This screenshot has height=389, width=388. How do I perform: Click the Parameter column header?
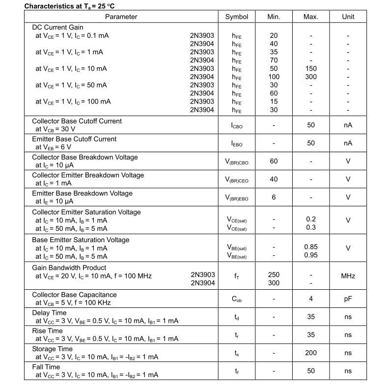121,17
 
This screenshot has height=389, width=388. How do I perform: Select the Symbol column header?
237,17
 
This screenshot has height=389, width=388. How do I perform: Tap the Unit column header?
348,17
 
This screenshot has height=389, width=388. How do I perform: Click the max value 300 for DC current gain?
311,77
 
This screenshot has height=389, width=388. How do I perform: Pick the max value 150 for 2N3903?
311,68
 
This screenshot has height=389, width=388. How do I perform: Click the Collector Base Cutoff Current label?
77,121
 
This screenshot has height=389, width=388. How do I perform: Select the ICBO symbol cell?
237,125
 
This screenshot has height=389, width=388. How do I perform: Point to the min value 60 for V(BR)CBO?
274,161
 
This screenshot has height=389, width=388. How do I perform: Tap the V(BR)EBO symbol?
237,197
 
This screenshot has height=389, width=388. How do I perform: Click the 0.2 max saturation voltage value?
311,219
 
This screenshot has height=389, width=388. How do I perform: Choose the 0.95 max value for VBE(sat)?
311,255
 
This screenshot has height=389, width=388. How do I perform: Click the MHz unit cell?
348,276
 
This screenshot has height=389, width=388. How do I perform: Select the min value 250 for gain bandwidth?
274,275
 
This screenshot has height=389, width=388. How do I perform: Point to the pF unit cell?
348,299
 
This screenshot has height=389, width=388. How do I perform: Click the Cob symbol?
237,299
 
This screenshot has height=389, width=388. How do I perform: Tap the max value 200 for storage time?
311,353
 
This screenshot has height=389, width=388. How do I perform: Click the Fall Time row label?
46,367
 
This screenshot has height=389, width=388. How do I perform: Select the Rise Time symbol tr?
237,335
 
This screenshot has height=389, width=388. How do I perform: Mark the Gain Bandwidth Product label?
69,268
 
